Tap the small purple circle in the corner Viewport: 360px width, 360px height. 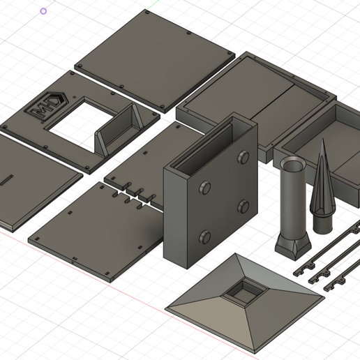tap(44, 11)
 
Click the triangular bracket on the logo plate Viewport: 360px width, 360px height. tap(119, 128)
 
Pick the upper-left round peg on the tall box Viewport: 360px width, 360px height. tap(205, 188)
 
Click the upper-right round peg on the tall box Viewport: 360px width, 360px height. tap(243, 156)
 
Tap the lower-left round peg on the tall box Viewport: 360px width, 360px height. tap(205, 236)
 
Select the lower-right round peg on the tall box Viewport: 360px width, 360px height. tap(243, 206)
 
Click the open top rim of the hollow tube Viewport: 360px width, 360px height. tap(292, 165)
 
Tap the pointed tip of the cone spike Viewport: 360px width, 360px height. tap(324, 142)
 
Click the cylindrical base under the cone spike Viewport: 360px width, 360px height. tap(322, 223)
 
